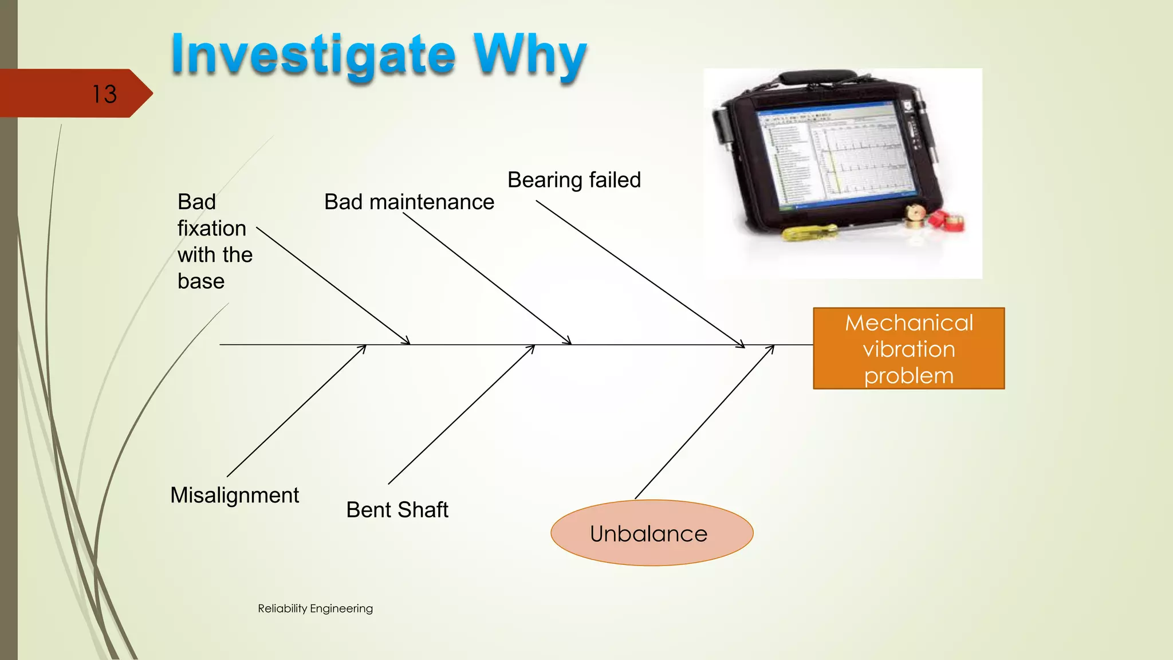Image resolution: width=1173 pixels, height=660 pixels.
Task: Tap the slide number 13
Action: pos(104,94)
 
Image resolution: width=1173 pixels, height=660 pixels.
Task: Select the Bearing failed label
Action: pos(574,180)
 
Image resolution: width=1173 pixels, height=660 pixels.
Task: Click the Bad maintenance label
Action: pos(409,202)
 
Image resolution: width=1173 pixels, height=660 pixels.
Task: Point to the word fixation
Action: pos(211,228)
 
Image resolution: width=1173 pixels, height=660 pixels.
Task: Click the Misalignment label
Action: pos(234,495)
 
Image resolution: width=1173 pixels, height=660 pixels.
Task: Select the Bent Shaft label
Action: pos(397,510)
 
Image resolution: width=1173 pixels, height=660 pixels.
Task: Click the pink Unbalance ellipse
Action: pos(652,533)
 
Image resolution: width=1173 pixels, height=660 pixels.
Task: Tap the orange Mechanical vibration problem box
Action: pos(908,348)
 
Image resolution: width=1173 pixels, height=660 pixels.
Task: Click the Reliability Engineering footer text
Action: pos(315,608)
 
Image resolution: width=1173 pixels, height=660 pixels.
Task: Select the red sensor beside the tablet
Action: pos(948,221)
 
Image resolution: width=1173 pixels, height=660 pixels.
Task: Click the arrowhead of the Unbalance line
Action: pos(772,348)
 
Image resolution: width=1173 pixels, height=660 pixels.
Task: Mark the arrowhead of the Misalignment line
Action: pos(364,347)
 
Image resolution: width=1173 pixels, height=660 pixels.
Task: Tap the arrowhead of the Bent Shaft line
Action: pos(532,347)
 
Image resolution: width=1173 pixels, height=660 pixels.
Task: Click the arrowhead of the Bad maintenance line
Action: pos(569,342)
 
